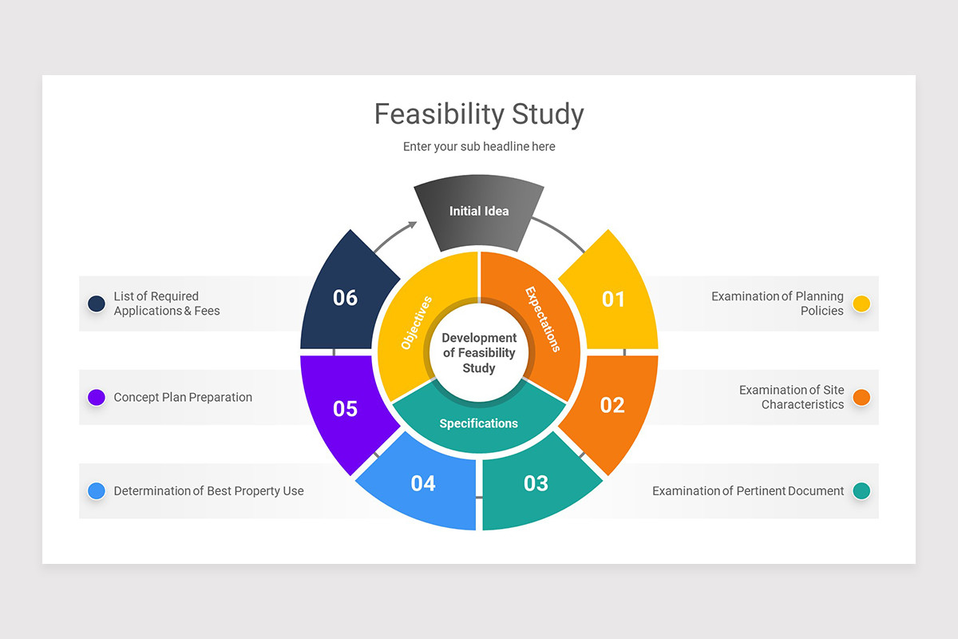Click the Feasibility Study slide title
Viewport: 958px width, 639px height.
[479, 114]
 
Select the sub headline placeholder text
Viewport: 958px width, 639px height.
[479, 147]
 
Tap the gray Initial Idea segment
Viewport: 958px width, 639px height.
[479, 212]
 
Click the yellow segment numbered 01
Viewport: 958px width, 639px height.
[612, 300]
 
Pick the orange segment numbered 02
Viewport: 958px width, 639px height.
[612, 405]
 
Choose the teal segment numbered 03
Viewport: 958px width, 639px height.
[536, 483]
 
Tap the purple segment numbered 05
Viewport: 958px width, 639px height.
[345, 408]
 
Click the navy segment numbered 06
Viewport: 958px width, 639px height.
[345, 298]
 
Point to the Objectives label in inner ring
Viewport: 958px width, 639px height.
[416, 323]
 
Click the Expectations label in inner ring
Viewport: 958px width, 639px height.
[543, 319]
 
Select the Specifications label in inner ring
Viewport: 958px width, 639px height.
[479, 423]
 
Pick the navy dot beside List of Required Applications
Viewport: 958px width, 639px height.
[97, 304]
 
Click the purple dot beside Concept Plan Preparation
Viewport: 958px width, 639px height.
[97, 397]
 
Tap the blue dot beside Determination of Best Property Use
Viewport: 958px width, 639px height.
[97, 491]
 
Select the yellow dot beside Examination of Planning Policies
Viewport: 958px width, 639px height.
[861, 304]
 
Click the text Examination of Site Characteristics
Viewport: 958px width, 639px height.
[791, 397]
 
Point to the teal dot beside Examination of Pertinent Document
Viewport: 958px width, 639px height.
[861, 491]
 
